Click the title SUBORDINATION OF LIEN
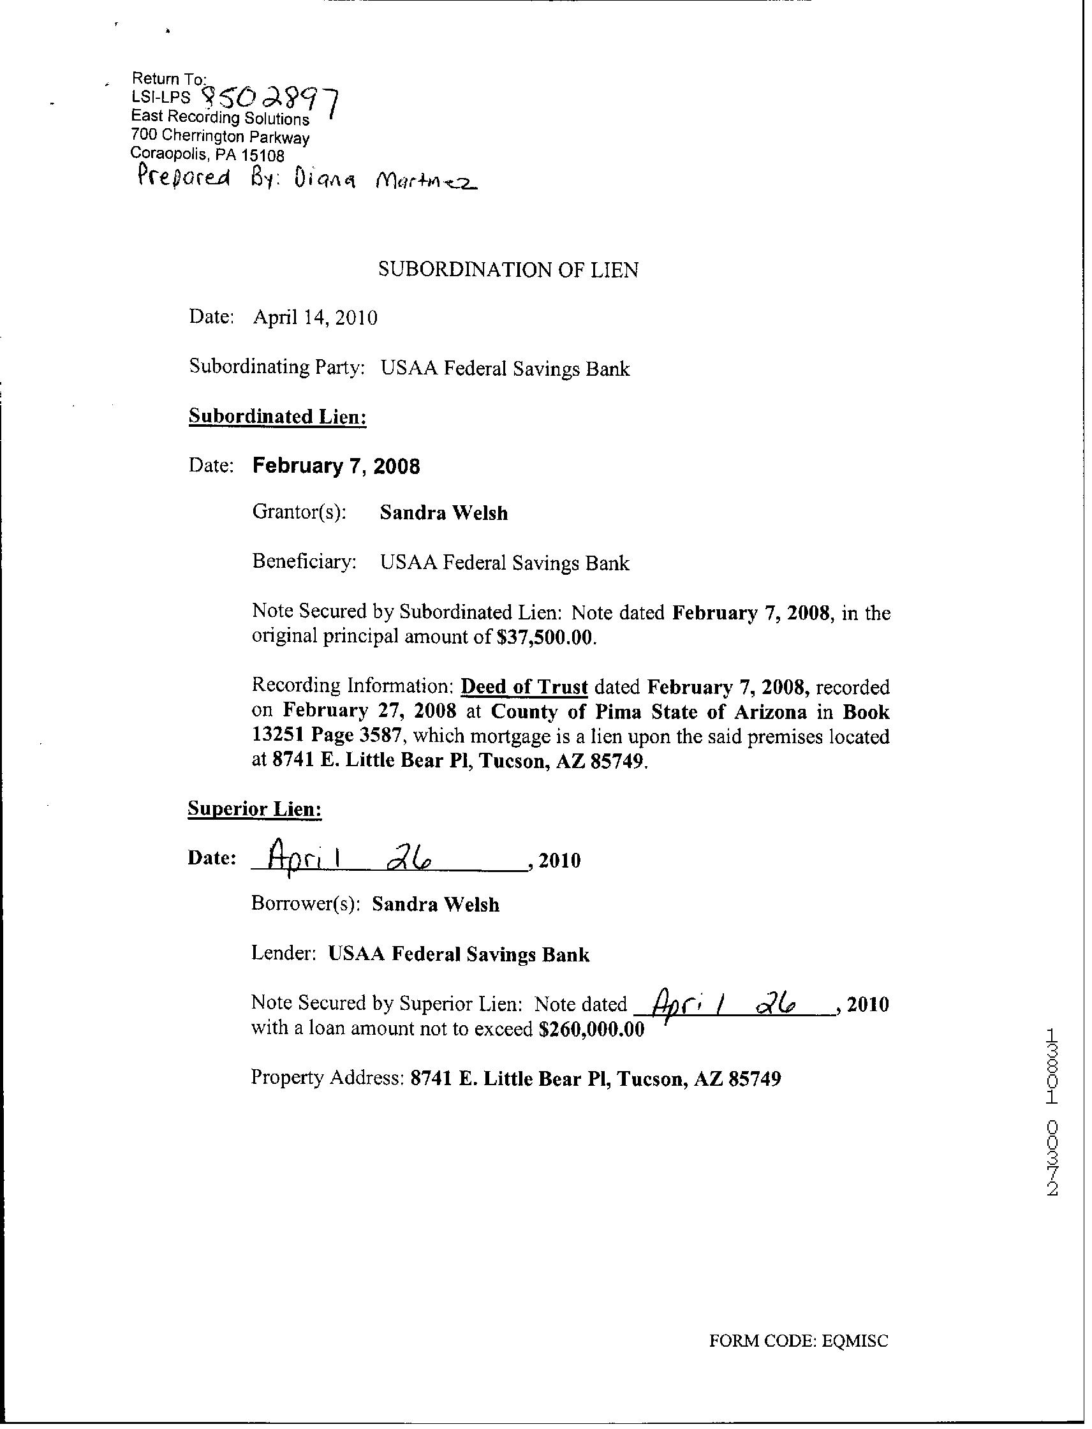508,269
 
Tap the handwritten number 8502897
271,101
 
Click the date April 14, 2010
315,317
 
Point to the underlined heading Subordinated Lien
277,416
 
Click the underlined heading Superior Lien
255,809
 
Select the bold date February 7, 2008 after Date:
336,466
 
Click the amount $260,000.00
591,1030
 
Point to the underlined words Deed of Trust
524,687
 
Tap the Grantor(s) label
299,512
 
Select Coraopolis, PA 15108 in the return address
207,154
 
